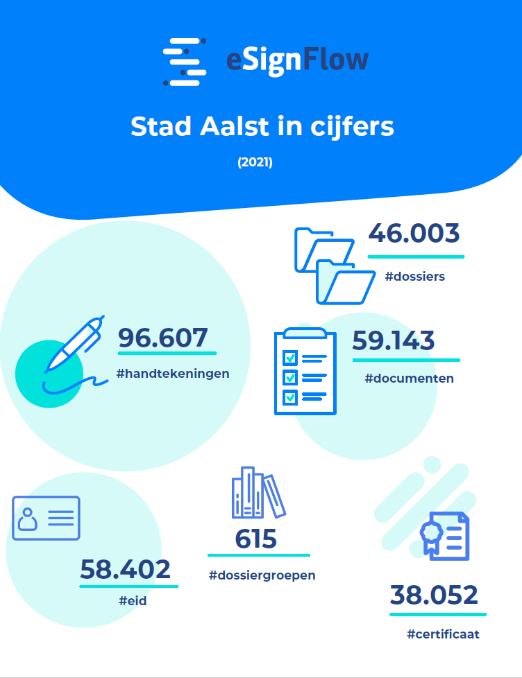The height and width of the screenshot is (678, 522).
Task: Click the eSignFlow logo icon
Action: click(185, 62)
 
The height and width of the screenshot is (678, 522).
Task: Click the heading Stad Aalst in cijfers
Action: click(262, 127)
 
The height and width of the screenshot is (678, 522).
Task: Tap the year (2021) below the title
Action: click(255, 163)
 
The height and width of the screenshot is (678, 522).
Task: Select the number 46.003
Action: click(414, 234)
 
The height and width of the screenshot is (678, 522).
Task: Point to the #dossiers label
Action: click(414, 277)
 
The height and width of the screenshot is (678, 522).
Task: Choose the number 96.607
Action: click(163, 338)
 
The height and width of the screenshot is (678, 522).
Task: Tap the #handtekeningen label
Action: click(173, 374)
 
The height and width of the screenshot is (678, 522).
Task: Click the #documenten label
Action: click(409, 379)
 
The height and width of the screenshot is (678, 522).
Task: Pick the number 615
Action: click(255, 539)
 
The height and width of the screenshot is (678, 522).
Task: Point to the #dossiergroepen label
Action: click(262, 575)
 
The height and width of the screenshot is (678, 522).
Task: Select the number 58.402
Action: click(125, 569)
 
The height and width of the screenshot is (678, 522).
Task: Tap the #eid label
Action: click(132, 601)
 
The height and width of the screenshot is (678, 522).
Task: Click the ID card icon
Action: click(46, 518)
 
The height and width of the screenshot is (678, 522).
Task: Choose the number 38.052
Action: click(434, 595)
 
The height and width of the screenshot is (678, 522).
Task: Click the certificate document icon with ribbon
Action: click(445, 535)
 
